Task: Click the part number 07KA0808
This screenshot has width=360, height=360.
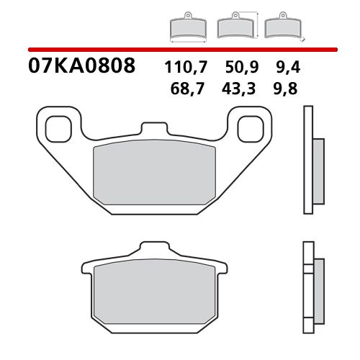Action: pyautogui.click(x=81, y=68)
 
